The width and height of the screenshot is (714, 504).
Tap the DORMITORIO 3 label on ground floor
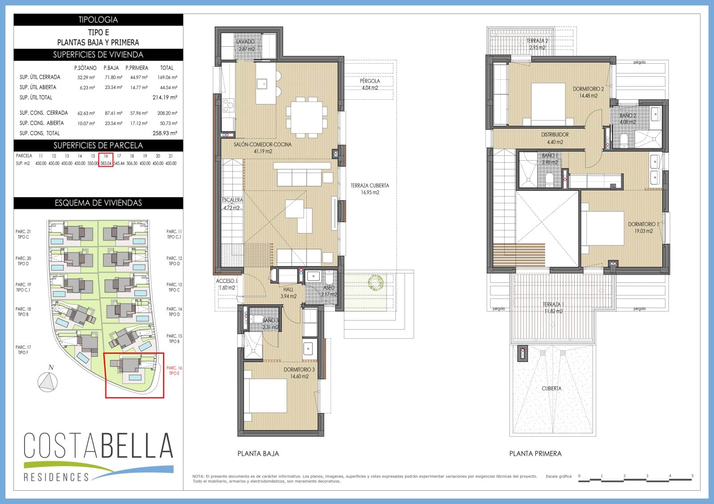point(299,373)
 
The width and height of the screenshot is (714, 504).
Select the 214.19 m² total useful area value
point(165,97)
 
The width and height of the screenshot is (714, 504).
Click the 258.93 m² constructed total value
point(165,133)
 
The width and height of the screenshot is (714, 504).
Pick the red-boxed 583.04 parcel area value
point(106,163)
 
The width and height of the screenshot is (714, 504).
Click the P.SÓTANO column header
point(85,68)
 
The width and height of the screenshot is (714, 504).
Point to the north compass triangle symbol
point(48,382)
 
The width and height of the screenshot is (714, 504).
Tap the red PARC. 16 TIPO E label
point(174,370)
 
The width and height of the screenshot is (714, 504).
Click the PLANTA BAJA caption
point(258,454)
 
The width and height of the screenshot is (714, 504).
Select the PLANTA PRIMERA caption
point(535,454)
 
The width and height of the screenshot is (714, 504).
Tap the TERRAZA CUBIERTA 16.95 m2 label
point(370,189)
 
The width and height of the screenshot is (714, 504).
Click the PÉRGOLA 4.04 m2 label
point(370,84)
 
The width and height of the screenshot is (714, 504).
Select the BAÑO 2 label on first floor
point(627,119)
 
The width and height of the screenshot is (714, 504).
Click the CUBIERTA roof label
point(552,389)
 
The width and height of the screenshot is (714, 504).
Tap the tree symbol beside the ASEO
point(375,282)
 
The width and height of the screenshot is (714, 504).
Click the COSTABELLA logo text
point(98,445)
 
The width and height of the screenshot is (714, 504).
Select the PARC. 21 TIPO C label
point(23,234)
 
